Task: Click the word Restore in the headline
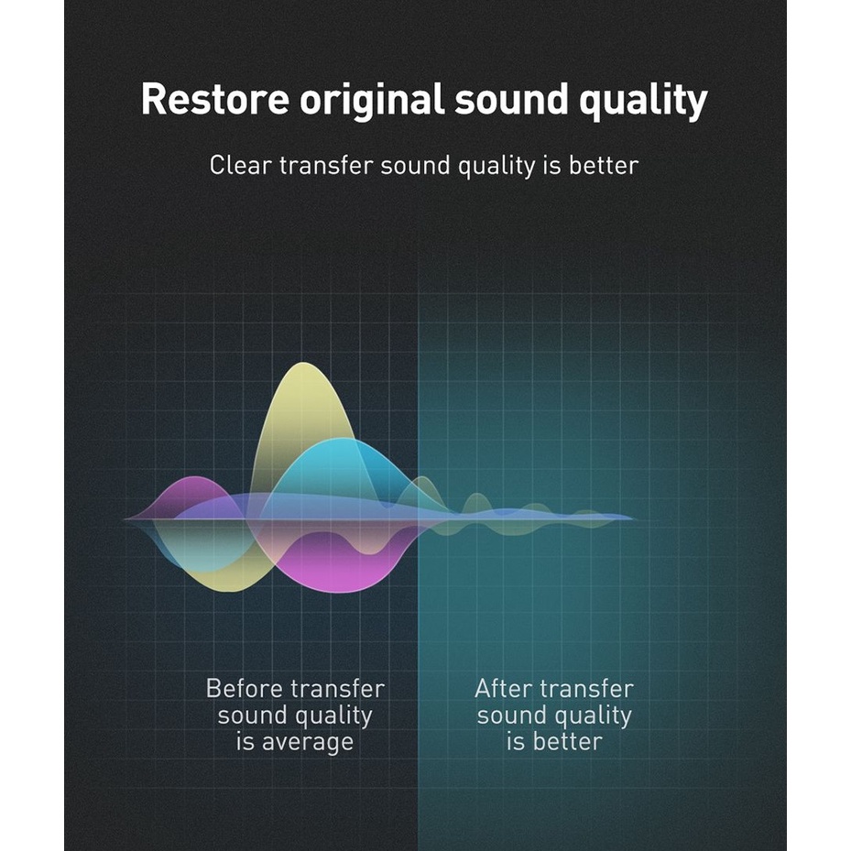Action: coord(215,99)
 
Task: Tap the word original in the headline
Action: coord(372,100)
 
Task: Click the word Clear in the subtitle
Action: coord(239,166)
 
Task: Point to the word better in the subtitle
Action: coord(604,166)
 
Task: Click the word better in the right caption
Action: coord(568,742)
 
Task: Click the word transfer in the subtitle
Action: coord(326,166)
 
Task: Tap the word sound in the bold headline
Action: coord(511,100)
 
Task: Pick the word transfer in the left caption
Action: coord(338,689)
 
